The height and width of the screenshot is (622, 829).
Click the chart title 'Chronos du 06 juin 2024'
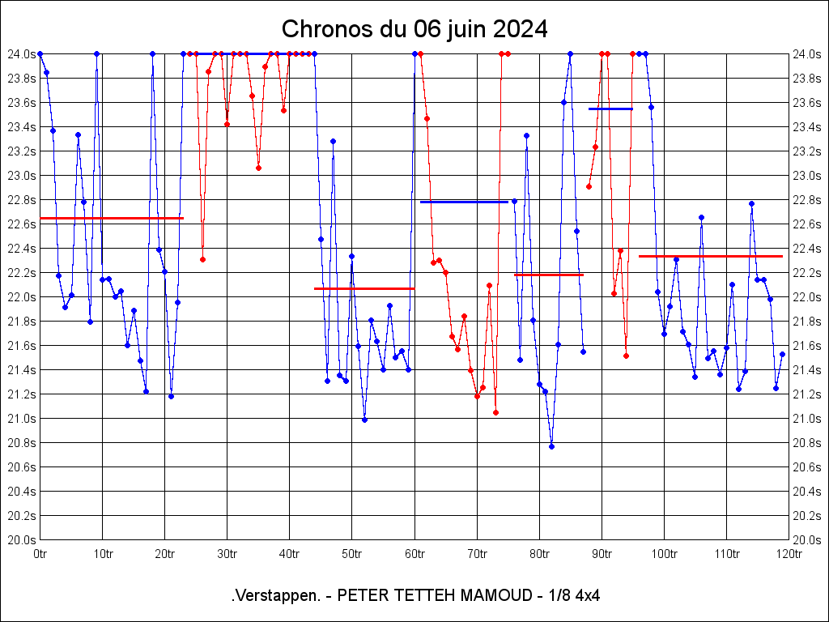pyautogui.click(x=414, y=29)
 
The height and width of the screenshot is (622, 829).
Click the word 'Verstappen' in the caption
pyautogui.click(x=275, y=596)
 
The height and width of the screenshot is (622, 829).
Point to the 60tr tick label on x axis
pyautogui.click(x=414, y=554)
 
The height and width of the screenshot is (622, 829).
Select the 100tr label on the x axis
pyautogui.click(x=664, y=554)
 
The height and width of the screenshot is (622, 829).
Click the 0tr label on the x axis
pyautogui.click(x=40, y=554)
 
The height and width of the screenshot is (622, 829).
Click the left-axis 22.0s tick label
pyautogui.click(x=21, y=296)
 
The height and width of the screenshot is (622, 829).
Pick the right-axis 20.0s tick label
pyautogui.click(x=807, y=539)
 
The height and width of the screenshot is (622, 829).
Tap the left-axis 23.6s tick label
pyautogui.click(x=21, y=102)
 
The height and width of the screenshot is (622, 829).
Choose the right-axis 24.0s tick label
pyautogui.click(x=807, y=53)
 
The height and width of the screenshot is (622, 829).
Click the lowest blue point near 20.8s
pyautogui.click(x=551, y=446)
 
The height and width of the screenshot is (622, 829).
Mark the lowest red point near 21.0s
pyautogui.click(x=495, y=412)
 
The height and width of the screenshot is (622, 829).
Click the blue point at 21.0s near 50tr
pyautogui.click(x=364, y=420)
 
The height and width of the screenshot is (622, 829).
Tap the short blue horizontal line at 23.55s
pyautogui.click(x=610, y=109)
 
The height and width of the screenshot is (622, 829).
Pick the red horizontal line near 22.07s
pyautogui.click(x=364, y=288)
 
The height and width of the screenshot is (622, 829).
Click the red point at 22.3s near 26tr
pyautogui.click(x=202, y=259)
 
